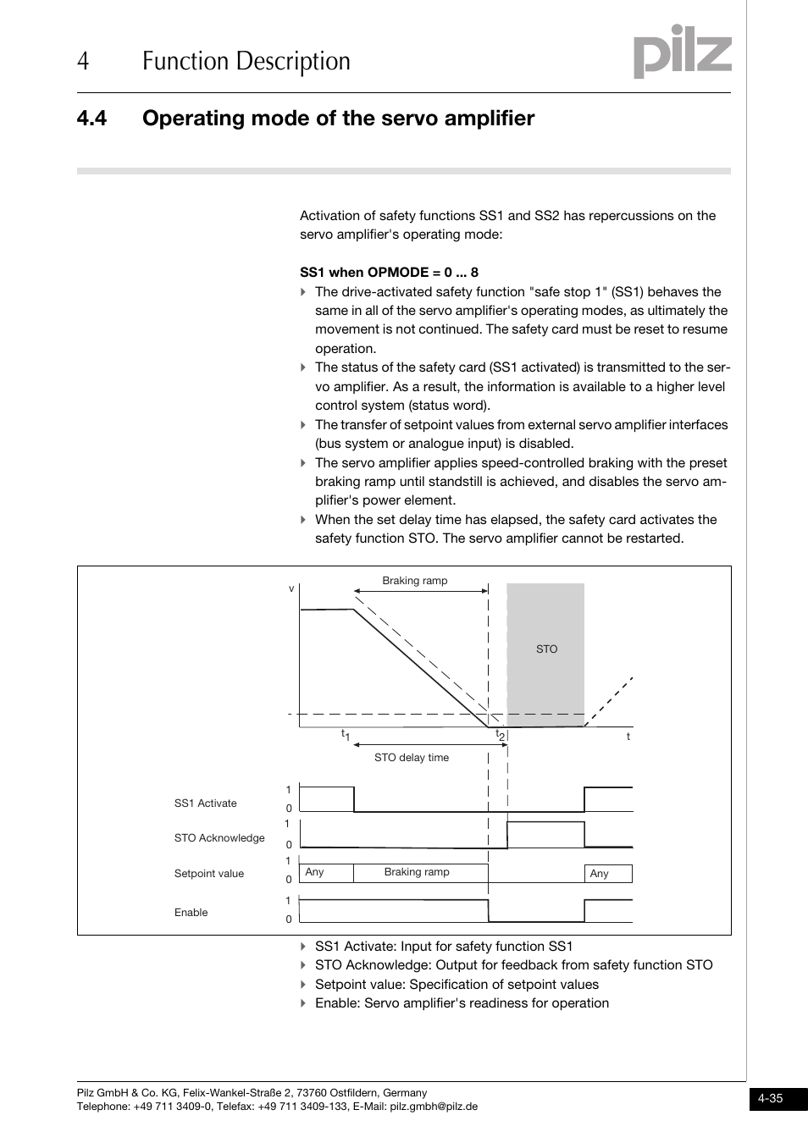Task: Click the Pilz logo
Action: pyautogui.click(x=682, y=52)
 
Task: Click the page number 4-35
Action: pyautogui.click(x=770, y=1098)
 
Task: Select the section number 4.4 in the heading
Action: pyautogui.click(x=91, y=119)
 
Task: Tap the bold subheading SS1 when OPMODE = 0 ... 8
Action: pyautogui.click(x=389, y=272)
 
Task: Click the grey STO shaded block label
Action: pyautogui.click(x=546, y=649)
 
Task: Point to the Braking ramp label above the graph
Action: pyautogui.click(x=414, y=581)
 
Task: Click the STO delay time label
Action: pyautogui.click(x=412, y=758)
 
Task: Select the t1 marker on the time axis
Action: pyautogui.click(x=346, y=736)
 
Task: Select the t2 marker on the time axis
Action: pyautogui.click(x=500, y=736)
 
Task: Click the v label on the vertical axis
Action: pyautogui.click(x=291, y=588)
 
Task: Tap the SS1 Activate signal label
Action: pyautogui.click(x=205, y=803)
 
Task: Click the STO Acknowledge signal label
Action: pyautogui.click(x=219, y=838)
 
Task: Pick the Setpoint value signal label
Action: pyautogui.click(x=208, y=874)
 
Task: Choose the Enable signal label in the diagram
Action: pyautogui.click(x=191, y=913)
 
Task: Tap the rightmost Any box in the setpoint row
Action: pyautogui.click(x=608, y=874)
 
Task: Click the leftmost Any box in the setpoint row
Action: pyautogui.click(x=326, y=873)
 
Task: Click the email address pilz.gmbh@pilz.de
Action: pyautogui.click(x=434, y=1107)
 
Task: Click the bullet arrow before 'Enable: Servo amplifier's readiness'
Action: pyautogui.click(x=303, y=1003)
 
